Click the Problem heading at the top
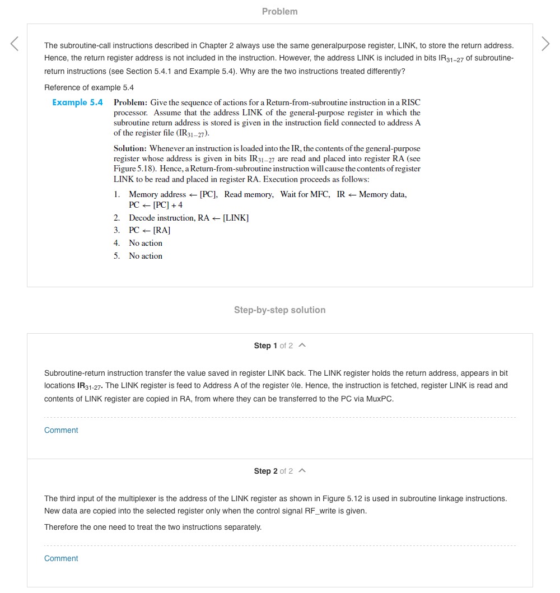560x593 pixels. [279, 11]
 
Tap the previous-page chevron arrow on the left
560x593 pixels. [15, 44]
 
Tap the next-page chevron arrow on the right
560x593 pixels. [545, 44]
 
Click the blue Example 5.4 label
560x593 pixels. [77, 102]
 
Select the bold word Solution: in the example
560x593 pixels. [130, 148]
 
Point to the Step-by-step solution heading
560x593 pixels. [279, 310]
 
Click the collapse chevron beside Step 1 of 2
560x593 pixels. [302, 345]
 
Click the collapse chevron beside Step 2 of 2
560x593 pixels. [302, 471]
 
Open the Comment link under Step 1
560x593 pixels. [61, 430]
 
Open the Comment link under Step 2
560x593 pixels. [61, 558]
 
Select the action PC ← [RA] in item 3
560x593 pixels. [150, 230]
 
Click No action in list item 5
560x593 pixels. [146, 256]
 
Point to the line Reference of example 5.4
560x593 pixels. [89, 87]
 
